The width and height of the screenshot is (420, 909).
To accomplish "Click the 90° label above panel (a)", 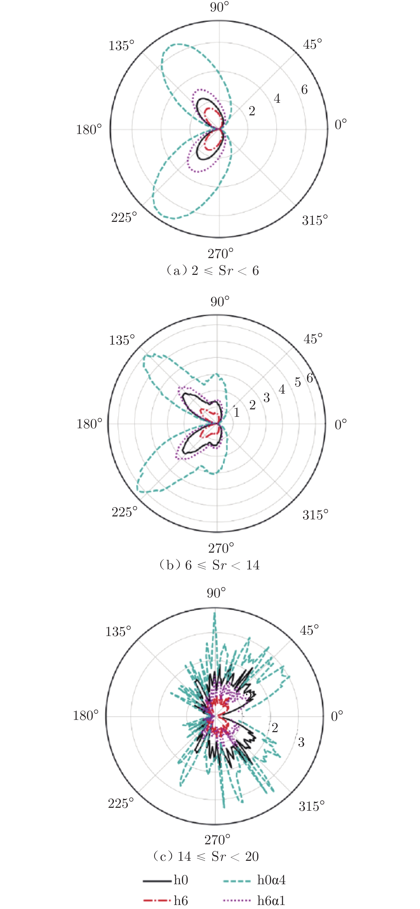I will coord(219,7).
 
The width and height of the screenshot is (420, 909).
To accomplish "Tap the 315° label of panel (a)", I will coord(315,221).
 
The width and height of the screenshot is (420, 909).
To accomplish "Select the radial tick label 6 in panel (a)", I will coord(304,90).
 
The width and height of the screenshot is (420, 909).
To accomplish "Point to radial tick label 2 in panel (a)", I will coord(252,111).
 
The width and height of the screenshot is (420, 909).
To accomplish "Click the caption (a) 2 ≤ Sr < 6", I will coord(212,271).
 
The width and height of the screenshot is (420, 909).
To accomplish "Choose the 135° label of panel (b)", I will coord(122,340).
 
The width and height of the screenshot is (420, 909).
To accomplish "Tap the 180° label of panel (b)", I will coord(89,423).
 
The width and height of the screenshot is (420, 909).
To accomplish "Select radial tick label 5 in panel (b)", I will coord(298,382).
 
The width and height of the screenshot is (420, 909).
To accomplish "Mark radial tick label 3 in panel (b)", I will coord(266,398).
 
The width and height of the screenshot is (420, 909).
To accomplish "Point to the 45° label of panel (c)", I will coord(309,630).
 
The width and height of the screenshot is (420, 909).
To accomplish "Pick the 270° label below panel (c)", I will coord(218,839).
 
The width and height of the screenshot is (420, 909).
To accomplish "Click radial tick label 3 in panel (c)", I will coord(301,742).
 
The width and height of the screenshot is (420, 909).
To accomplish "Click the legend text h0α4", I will coord(271,880).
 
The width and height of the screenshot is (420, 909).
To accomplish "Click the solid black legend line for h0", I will coord(157,881).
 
